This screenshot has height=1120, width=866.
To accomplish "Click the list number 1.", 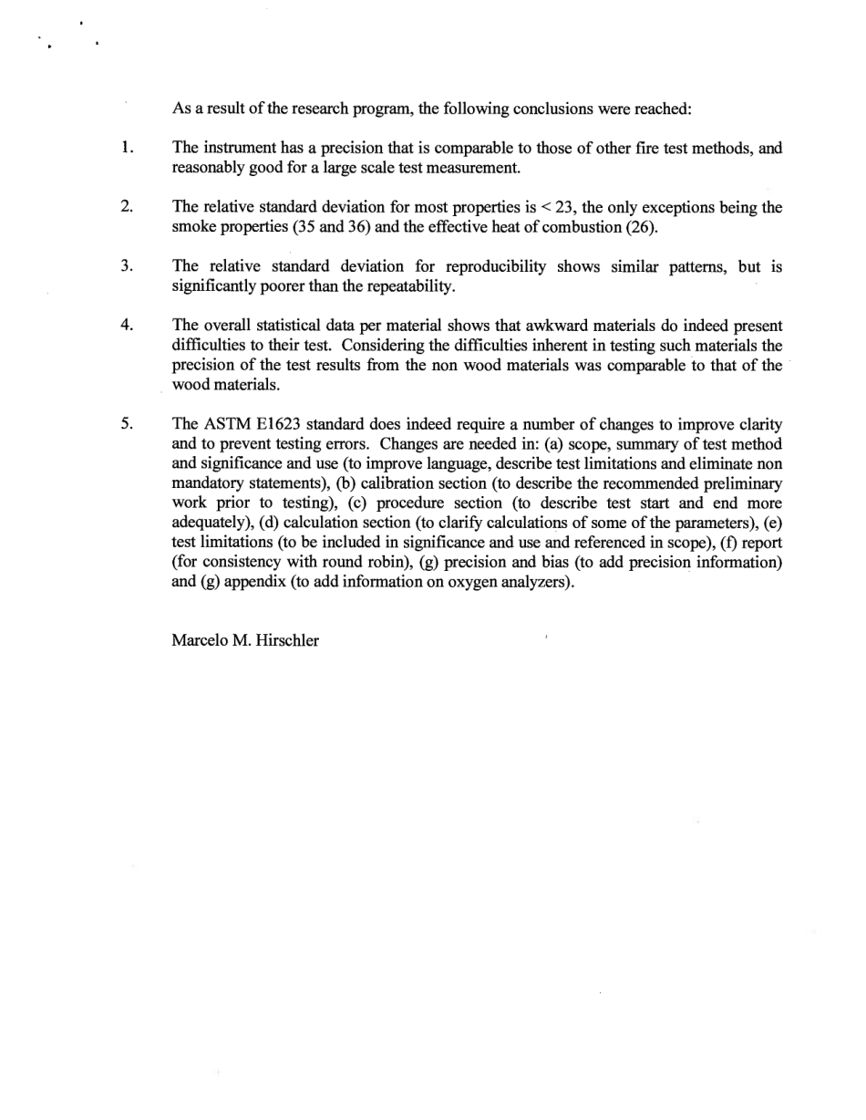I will pyautogui.click(x=127, y=148).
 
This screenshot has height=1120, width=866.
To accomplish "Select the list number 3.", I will pyautogui.click(x=127, y=266).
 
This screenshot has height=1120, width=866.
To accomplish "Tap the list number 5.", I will pyautogui.click(x=127, y=424).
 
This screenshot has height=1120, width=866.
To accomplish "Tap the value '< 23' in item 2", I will pyautogui.click(x=568, y=207).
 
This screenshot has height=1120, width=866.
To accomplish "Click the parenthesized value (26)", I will pyautogui.click(x=640, y=227).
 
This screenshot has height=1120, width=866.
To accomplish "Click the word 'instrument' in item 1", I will pyautogui.click(x=238, y=148).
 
